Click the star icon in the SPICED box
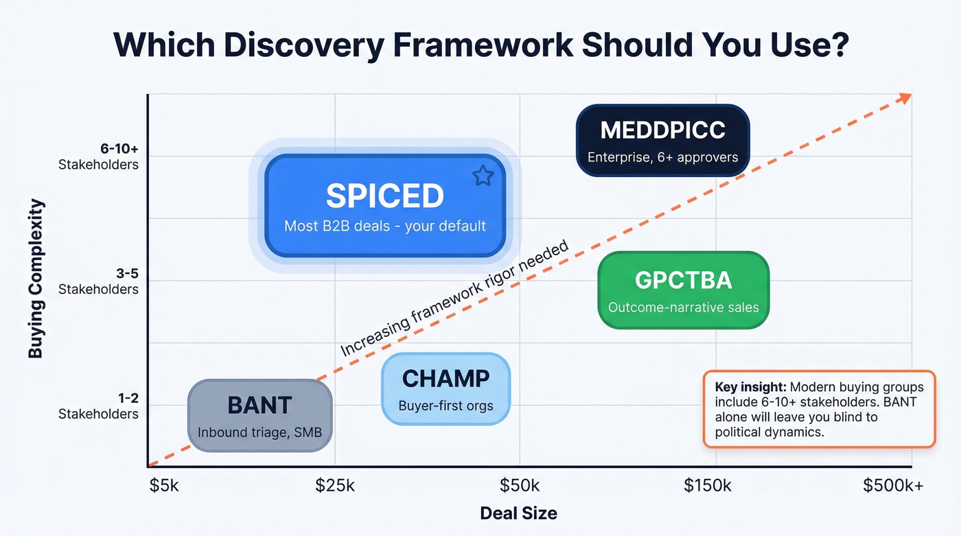coord(483,176)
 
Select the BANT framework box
coord(260,415)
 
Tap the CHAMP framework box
coord(445,388)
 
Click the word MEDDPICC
coord(662,130)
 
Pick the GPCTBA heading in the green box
coord(683,280)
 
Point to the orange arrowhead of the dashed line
coord(905,97)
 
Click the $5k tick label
coord(164,486)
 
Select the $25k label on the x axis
coord(335,486)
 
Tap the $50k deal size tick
coord(520,486)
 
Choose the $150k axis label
coord(708,486)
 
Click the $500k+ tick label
coord(893,486)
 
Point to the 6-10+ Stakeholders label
coord(98,157)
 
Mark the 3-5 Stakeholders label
coord(98,281)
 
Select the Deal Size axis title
coord(518,513)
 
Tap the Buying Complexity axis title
coord(36,278)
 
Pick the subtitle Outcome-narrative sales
coord(683,307)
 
